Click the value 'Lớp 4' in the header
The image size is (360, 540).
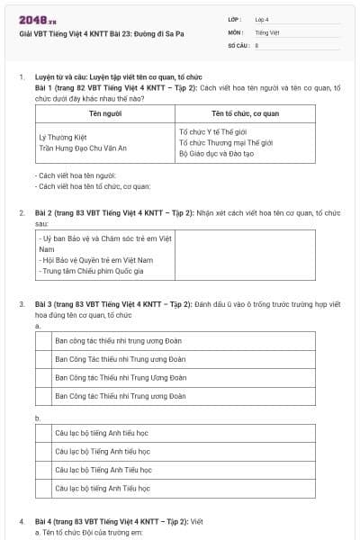(x=261, y=19)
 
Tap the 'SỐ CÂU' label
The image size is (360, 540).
(x=237, y=44)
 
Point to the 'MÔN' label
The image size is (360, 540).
(x=235, y=31)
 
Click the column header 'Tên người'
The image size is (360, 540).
(x=104, y=114)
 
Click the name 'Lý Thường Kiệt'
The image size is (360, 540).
(x=63, y=136)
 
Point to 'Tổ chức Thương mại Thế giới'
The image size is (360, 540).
(x=223, y=142)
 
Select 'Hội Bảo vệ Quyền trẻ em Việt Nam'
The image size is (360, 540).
(x=96, y=259)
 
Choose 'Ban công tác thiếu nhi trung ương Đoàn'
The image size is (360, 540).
(x=120, y=341)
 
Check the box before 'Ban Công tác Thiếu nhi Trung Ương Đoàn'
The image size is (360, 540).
(x=44, y=377)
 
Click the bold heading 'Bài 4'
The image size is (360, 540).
(x=44, y=521)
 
